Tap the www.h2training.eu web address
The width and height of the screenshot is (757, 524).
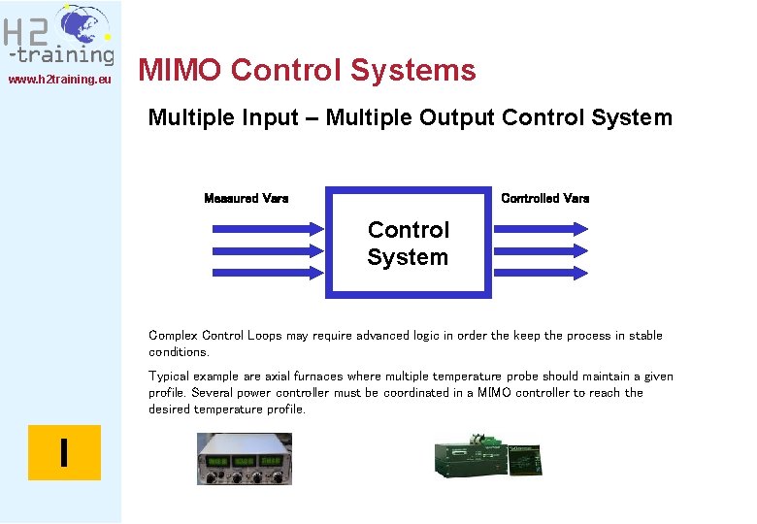[x=59, y=80]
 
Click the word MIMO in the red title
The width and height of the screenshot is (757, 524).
[x=181, y=71]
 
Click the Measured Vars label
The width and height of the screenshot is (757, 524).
[x=246, y=198]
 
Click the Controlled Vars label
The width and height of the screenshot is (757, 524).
[x=544, y=198]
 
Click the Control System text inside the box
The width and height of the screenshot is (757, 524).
[x=409, y=244]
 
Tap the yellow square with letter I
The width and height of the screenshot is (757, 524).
[x=64, y=453]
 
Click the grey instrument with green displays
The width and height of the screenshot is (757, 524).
[x=244, y=458]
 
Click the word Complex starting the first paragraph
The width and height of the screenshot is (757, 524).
[x=173, y=336]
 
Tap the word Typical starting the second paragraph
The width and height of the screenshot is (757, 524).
[x=170, y=377]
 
